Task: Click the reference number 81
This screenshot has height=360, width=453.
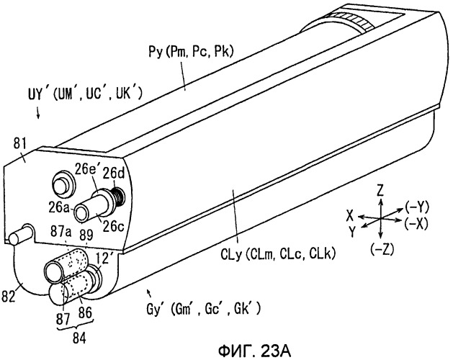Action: [20, 143]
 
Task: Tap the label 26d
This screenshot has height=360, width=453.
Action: [114, 174]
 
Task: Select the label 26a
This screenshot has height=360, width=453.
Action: [58, 207]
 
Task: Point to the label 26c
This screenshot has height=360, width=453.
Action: [114, 227]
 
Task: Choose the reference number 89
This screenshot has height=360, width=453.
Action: [86, 235]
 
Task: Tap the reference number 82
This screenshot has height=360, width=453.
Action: [8, 296]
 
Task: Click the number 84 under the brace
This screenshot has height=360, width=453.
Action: [79, 338]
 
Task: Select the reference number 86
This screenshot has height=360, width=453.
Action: [85, 313]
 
